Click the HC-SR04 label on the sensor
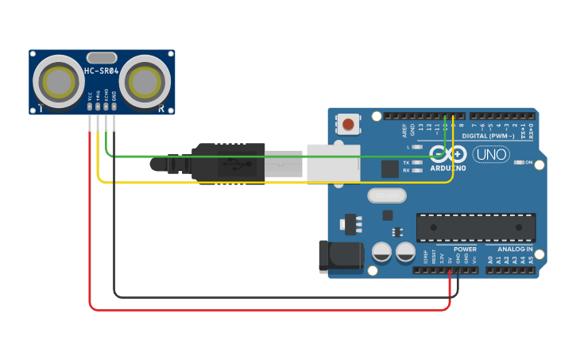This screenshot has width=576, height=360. point(102,72)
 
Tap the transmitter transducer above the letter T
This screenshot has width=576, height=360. point(59,80)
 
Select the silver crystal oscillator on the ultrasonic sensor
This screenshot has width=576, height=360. point(102,57)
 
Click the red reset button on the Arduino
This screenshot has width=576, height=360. point(348,123)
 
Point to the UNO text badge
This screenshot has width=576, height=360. point(490,154)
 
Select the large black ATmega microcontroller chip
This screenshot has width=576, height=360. point(475,227)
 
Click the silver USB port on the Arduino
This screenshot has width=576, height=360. point(333,162)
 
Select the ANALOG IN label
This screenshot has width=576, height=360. point(515,249)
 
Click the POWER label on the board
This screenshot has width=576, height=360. point(465,249)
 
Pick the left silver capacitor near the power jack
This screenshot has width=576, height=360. point(382,253)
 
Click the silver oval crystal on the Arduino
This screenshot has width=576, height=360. point(386,195)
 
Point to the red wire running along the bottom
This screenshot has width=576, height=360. point(270,308)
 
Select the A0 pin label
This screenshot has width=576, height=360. point(490,258)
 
